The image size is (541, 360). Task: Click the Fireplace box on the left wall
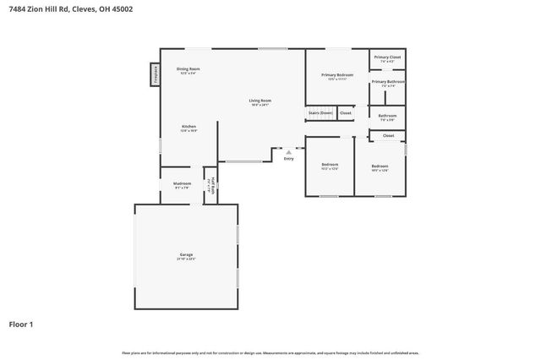[x=156, y=74]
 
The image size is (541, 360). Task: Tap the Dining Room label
[x=188, y=70]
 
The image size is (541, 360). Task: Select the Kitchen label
[x=189, y=128]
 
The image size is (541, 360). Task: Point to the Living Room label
[x=260, y=103]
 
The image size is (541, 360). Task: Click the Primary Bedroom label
[x=337, y=76]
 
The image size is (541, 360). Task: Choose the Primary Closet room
[x=388, y=58]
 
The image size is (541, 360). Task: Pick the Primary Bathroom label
[x=388, y=83]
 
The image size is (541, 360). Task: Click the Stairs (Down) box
[x=320, y=112]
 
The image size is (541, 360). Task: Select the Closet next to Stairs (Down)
[x=346, y=112]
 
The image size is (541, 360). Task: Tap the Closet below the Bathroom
[x=388, y=135]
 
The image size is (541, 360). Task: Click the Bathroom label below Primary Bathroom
[x=387, y=117]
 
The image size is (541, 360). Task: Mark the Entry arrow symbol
[x=288, y=152]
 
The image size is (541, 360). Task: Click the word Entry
[x=289, y=158]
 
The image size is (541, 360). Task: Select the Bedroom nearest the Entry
[x=329, y=166]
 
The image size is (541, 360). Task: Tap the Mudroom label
[x=182, y=184]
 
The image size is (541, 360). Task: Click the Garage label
[x=186, y=255]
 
